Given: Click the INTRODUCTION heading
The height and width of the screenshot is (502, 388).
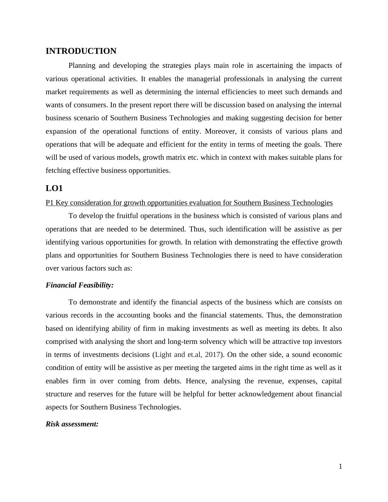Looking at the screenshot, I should pos(81,51).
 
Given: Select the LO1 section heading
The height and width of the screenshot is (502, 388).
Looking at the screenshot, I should pos(54,188).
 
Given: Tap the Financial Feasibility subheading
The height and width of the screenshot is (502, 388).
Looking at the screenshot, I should pos(80,285).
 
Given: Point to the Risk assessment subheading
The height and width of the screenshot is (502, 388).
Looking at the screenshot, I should pos(72,424).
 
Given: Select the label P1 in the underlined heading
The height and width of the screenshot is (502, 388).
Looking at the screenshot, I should pos(50,203).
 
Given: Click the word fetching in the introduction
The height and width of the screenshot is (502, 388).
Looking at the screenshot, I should pos(58,170).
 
